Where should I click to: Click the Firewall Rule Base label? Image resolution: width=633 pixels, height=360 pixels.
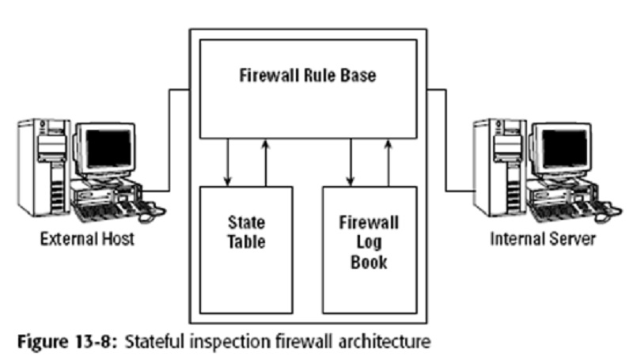pyautogui.click(x=309, y=77)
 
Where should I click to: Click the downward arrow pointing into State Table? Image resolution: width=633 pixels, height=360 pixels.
pyautogui.click(x=228, y=163)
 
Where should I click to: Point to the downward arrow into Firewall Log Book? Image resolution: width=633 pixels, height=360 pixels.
pyautogui.click(x=351, y=163)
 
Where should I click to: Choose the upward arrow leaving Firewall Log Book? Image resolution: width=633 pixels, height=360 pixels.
pyautogui.click(x=389, y=163)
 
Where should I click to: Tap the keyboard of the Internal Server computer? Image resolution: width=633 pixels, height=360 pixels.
pyautogui.click(x=558, y=210)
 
